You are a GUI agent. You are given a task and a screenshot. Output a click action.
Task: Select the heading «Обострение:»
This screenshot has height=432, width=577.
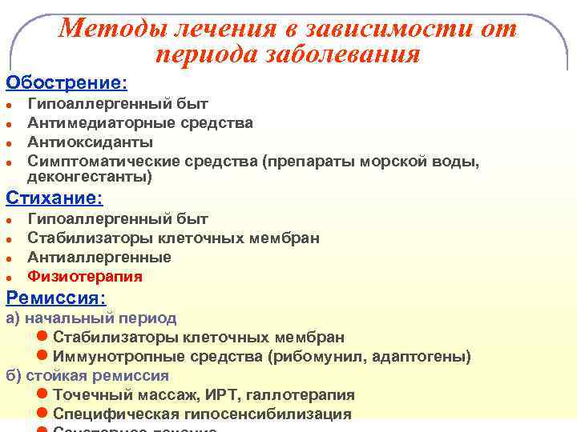[67, 83]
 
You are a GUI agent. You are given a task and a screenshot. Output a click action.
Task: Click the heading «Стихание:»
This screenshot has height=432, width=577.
[54, 198]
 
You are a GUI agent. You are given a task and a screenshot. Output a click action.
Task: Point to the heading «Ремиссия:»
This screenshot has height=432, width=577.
[56, 298]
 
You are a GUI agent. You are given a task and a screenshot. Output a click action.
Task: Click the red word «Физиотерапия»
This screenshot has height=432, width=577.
[85, 277]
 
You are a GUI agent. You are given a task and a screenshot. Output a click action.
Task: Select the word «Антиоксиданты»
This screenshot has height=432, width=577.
[90, 142]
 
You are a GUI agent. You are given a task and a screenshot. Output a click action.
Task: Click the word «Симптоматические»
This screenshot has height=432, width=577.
[103, 162]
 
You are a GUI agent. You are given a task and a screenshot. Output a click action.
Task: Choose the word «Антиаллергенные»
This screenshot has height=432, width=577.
[99, 258]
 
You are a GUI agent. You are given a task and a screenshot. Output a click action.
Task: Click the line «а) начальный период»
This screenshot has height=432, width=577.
[91, 318]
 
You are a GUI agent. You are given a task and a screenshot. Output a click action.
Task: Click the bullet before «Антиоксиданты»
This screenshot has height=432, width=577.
[9, 143]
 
